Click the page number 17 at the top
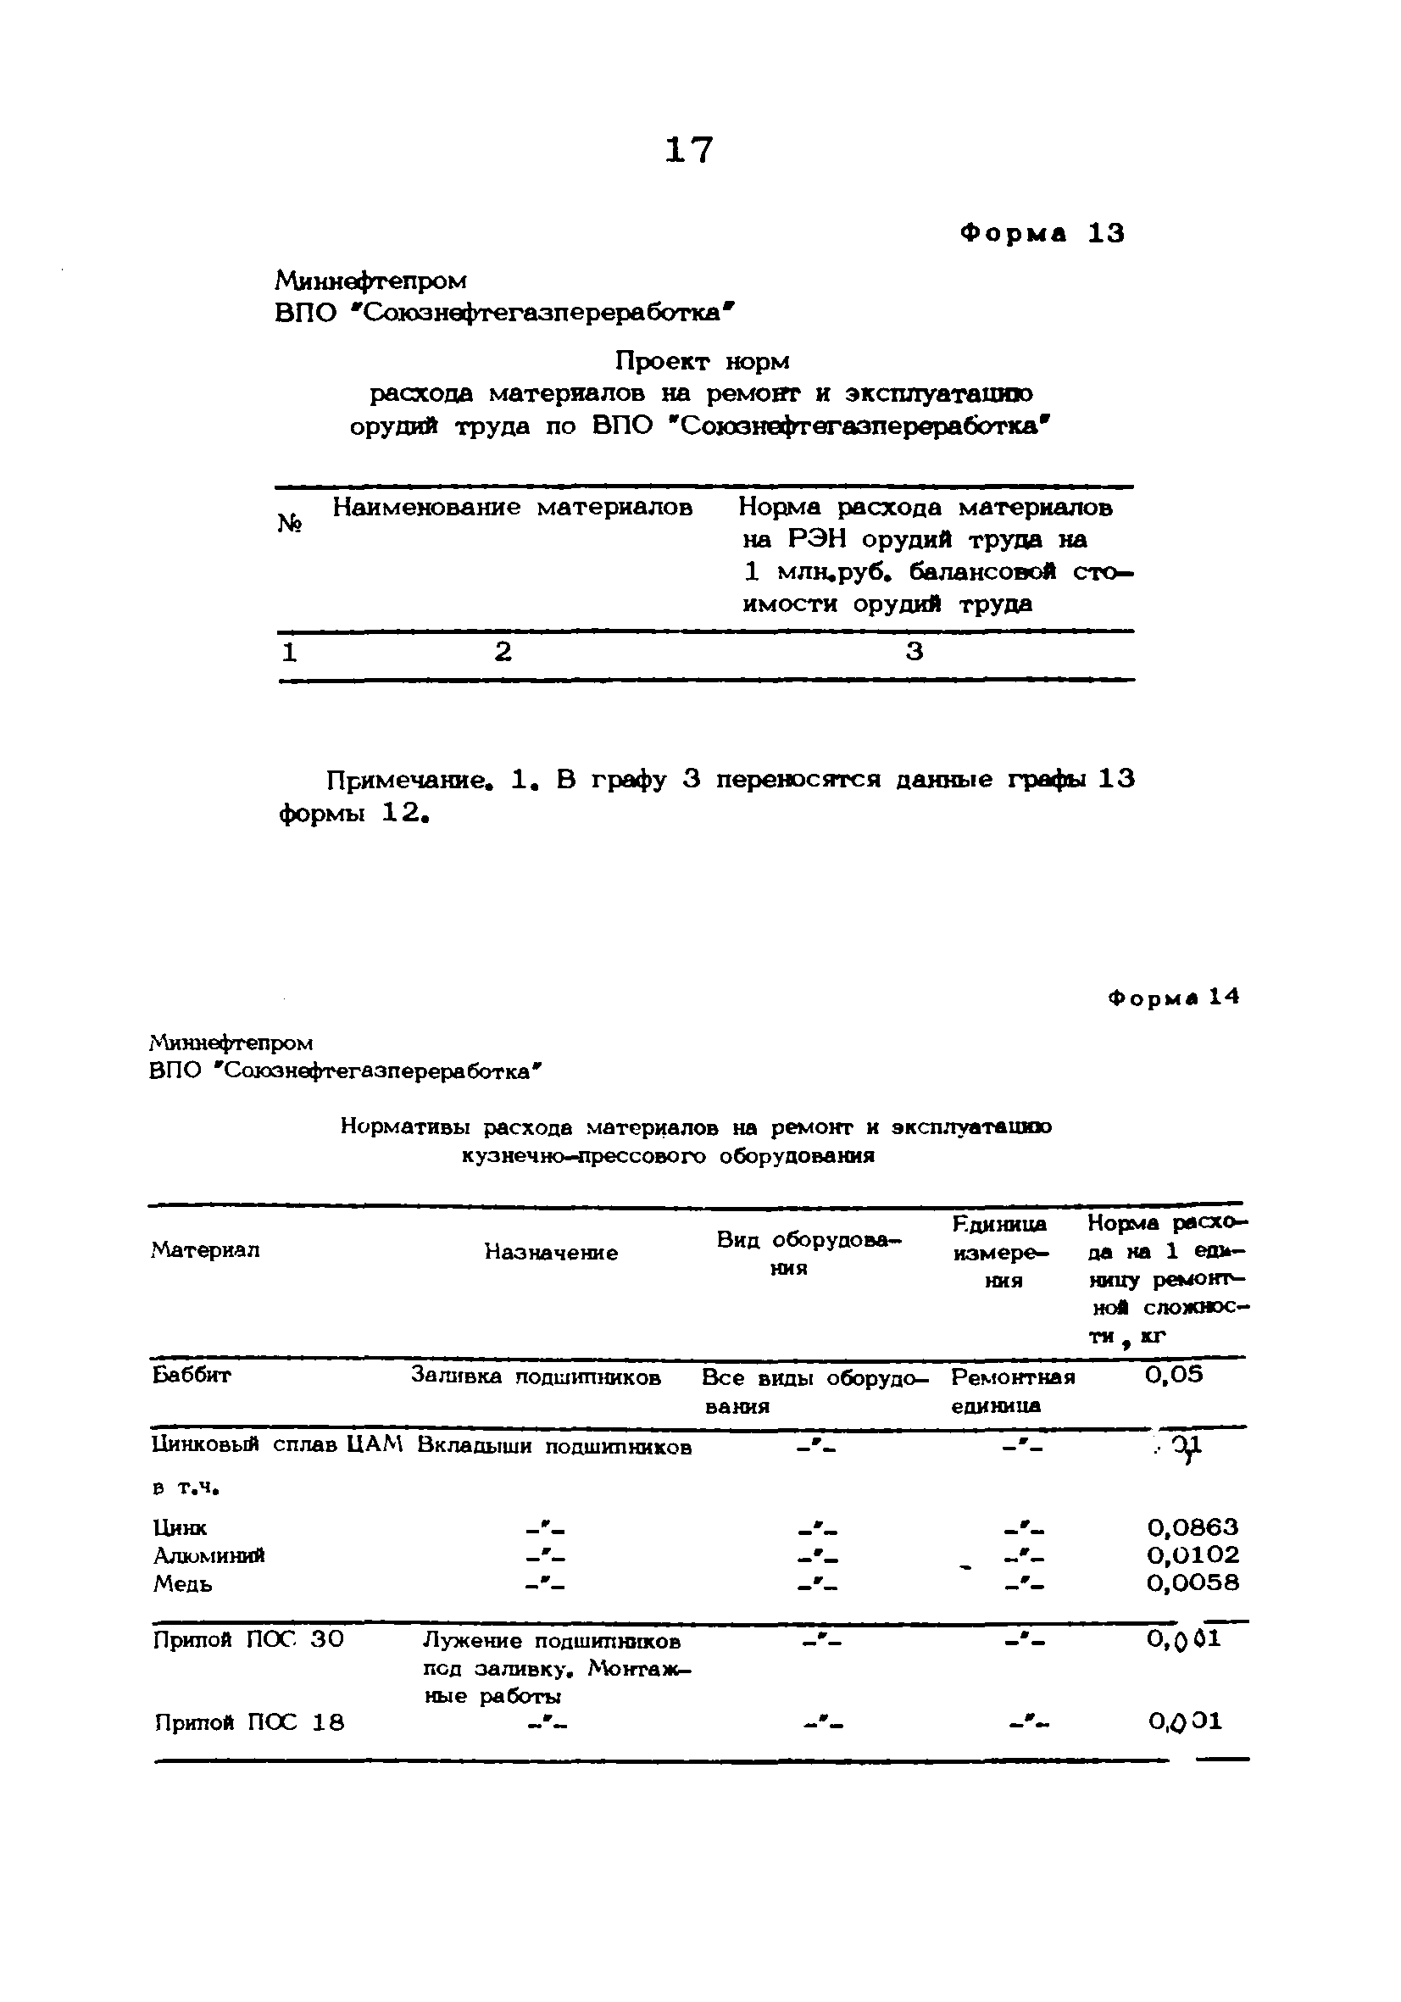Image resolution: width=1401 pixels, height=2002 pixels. pos(689,151)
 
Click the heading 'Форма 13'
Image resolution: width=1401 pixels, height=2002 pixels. pos(1042,234)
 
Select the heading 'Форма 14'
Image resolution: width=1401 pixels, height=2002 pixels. pos(1174,998)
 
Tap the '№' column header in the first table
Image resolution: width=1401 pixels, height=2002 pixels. pos(291,522)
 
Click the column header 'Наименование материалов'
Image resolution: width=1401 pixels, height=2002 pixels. pos(512,508)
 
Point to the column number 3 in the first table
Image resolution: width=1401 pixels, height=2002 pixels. pos(914,651)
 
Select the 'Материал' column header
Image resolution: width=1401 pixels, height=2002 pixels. pos(206,1250)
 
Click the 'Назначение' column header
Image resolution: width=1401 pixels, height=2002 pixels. pos(551,1253)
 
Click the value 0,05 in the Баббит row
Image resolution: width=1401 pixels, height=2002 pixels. pos(1174,1375)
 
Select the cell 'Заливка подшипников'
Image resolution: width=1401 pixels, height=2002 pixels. pos(536,1376)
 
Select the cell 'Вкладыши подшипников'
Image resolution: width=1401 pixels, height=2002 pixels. pos(553,1448)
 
